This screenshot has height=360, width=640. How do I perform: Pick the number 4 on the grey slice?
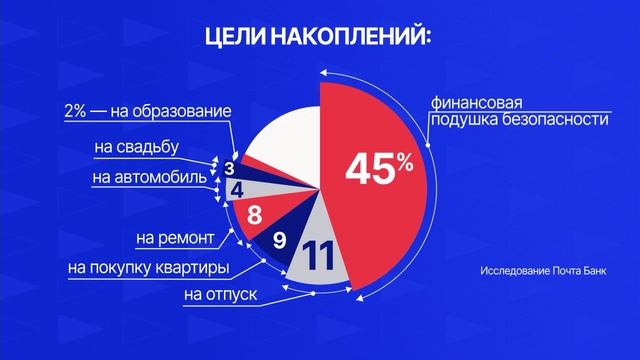point(238,187)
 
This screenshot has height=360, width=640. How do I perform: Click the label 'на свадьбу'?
point(136,148)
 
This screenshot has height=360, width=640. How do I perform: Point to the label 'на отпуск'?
point(218,296)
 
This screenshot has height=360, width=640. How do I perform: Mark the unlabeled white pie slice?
point(285,145)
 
